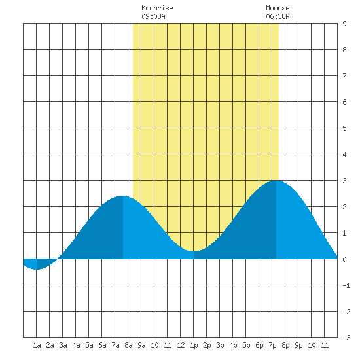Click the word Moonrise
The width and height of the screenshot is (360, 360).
[157, 8]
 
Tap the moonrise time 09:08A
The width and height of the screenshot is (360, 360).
[153, 16]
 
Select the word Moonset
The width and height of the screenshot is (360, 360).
[279, 8]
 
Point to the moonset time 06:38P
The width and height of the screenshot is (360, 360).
[278, 16]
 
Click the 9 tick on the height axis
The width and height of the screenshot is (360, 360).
[344, 24]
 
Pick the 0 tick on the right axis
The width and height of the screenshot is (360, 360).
[344, 259]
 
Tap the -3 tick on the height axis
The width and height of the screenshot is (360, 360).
[346, 338]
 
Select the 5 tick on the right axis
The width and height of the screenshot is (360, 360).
[344, 128]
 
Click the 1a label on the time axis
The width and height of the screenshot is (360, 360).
[37, 345]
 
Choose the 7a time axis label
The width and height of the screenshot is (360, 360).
[115, 345]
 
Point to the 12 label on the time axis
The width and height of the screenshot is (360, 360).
[181, 345]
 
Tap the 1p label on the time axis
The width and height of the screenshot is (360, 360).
[194, 345]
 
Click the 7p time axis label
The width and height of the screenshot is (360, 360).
[272, 345]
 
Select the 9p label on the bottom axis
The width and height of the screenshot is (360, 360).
[298, 345]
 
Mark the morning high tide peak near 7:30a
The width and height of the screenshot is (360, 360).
[122, 196]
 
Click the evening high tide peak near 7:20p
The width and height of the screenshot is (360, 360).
[276, 181]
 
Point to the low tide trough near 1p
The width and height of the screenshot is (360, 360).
[193, 251]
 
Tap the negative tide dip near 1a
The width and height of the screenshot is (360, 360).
[37, 269]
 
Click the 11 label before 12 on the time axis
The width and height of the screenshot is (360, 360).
[168, 345]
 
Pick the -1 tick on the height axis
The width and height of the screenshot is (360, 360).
[346, 285]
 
